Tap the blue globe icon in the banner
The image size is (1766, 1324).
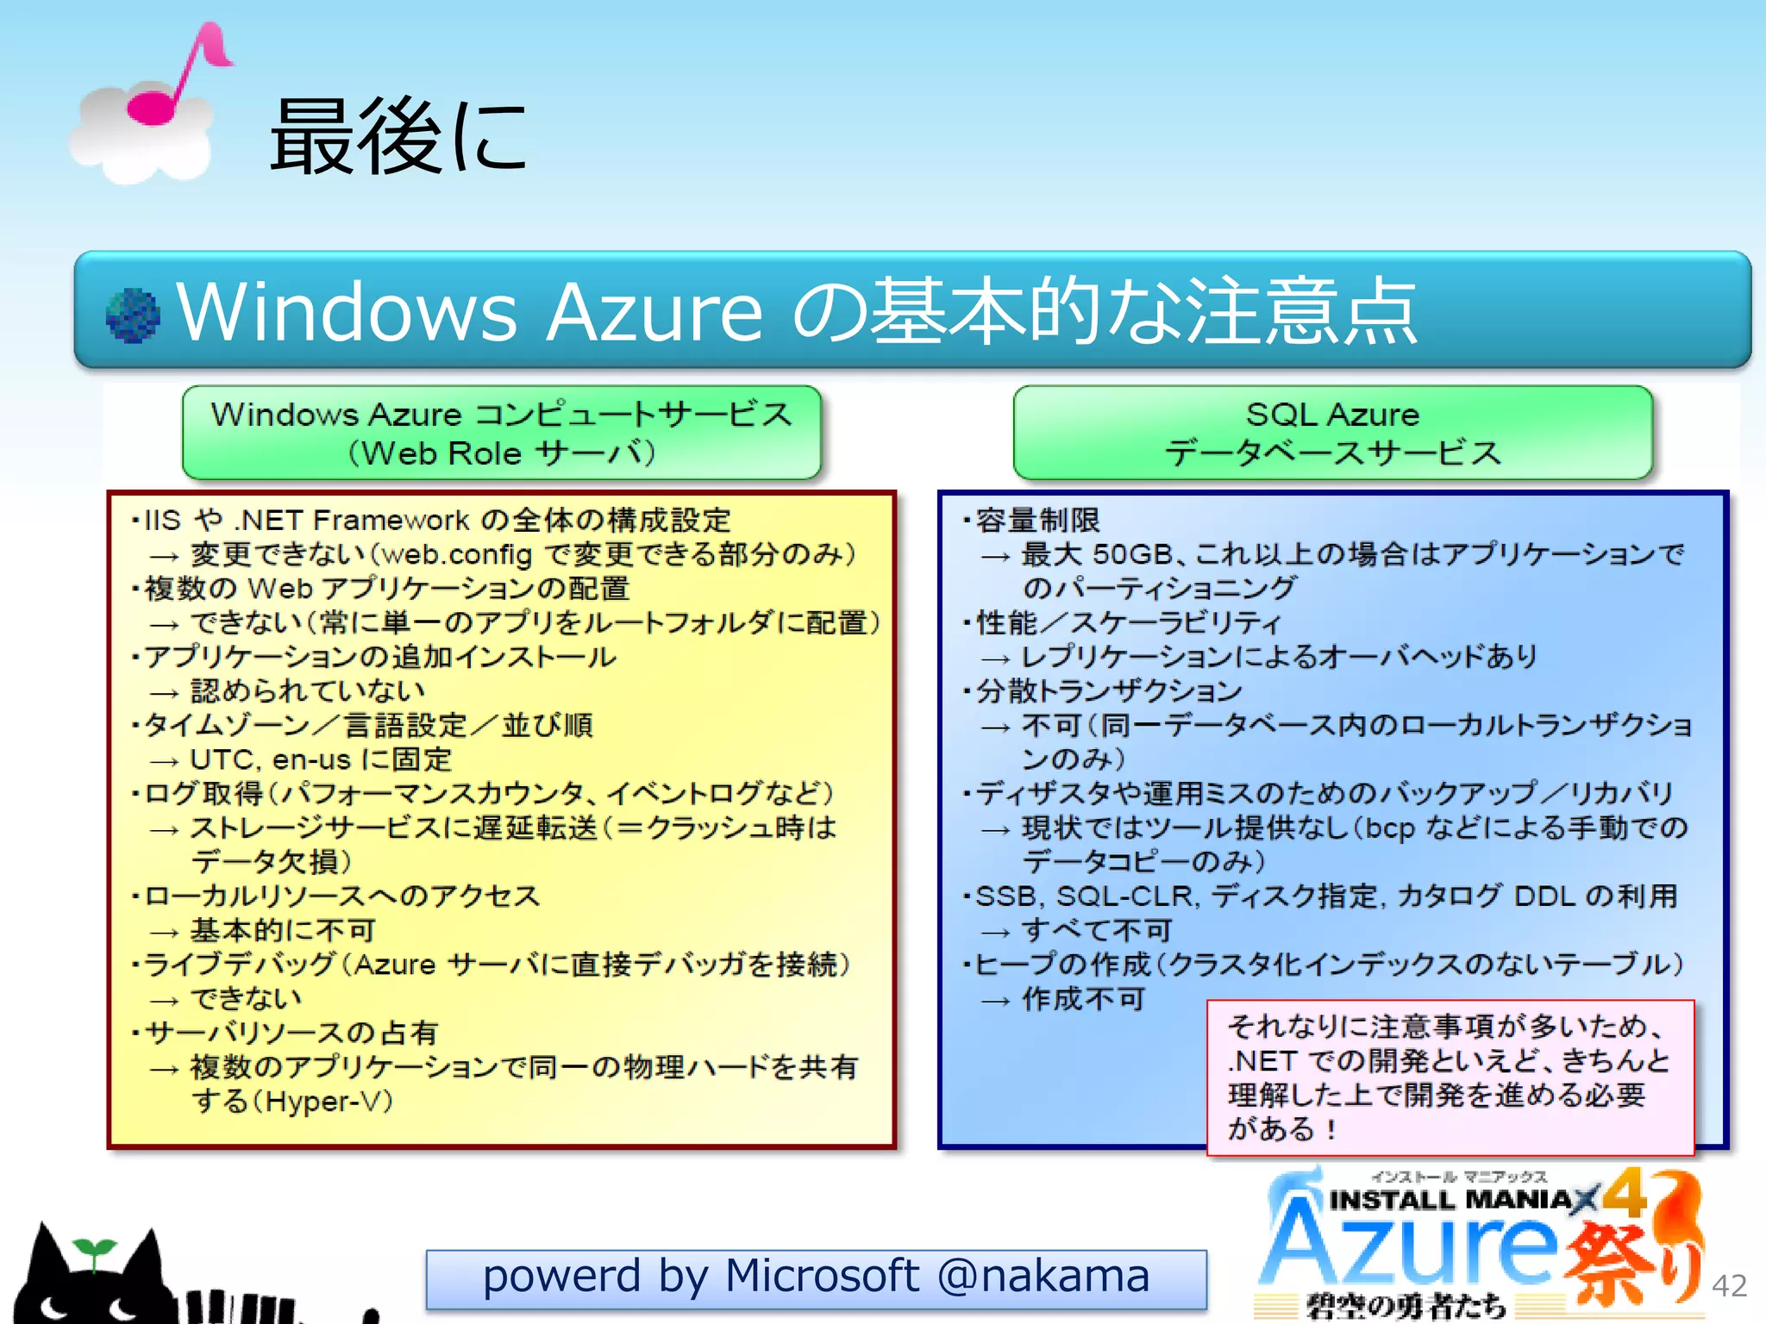[x=133, y=315]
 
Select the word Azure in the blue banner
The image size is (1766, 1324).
[x=654, y=311]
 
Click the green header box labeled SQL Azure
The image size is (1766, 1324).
[x=1332, y=433]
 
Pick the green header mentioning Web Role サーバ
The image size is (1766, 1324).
[x=501, y=433]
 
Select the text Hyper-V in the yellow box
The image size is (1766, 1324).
[x=328, y=1101]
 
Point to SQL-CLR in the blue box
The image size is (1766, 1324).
[x=1126, y=896]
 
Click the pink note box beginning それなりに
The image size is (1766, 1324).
[x=1450, y=1077]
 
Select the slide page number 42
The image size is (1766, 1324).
[x=1729, y=1285]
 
